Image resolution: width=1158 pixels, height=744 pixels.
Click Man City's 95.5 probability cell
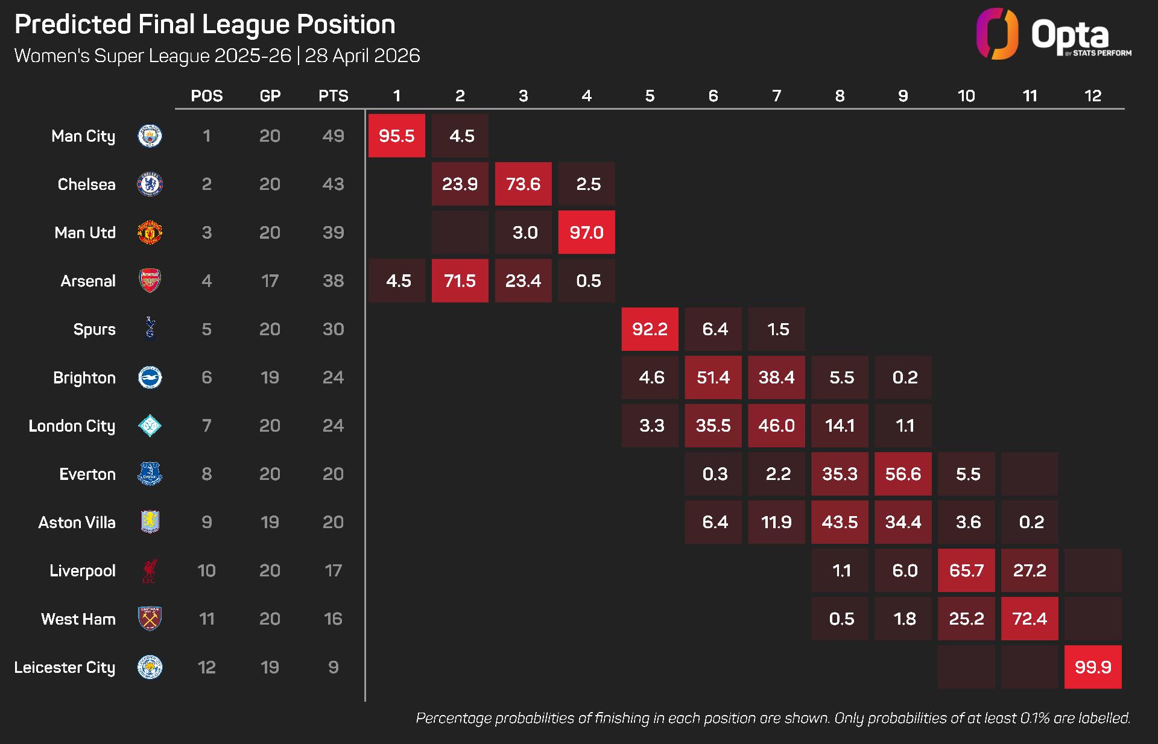pos(396,136)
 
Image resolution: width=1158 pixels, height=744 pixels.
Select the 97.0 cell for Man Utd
pos(586,232)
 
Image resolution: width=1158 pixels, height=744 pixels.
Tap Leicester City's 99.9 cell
pos(1093,667)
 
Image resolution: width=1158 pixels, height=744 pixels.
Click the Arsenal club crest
pos(150,281)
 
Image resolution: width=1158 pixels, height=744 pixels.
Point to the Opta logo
pos(1053,35)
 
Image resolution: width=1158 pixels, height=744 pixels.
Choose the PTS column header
pos(333,96)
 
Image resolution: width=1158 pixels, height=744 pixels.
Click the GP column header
pos(270,96)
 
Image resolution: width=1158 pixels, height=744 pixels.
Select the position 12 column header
pos(1092,96)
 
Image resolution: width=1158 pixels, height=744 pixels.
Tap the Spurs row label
pos(94,329)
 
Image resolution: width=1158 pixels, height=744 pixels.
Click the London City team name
pos(72,426)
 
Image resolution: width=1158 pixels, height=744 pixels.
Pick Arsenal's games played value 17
pos(270,281)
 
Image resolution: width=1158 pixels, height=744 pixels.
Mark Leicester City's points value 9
pos(333,667)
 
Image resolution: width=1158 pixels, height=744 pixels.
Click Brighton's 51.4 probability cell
pos(713,377)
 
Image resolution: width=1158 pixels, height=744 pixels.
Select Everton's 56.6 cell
pos(903,474)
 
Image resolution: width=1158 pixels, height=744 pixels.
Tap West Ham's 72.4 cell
pos(1030,619)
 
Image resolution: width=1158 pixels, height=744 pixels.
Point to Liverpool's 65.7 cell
pos(966,570)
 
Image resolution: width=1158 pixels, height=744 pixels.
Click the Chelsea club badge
pos(150,184)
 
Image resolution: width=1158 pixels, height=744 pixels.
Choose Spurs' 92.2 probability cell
pos(650,329)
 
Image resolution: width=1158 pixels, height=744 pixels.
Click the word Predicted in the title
pos(72,25)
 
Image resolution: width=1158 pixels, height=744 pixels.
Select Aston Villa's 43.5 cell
pos(840,522)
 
